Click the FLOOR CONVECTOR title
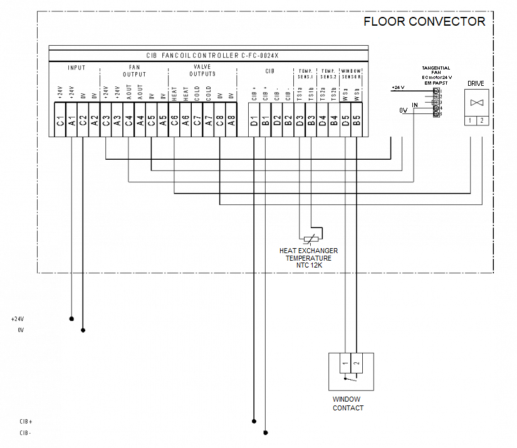(424, 22)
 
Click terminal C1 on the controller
(60, 122)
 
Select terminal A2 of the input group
(94, 122)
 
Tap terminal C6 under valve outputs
(174, 122)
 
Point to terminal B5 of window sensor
(356, 122)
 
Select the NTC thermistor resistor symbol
(310, 238)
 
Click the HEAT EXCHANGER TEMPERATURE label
(308, 258)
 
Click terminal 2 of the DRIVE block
(481, 120)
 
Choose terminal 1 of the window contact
(345, 363)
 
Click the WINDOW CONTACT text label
(348, 404)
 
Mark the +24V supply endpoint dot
(71, 318)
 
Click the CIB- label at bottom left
(26, 433)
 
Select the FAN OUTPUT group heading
(133, 70)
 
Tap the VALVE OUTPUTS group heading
(202, 70)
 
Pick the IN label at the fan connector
(414, 104)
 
